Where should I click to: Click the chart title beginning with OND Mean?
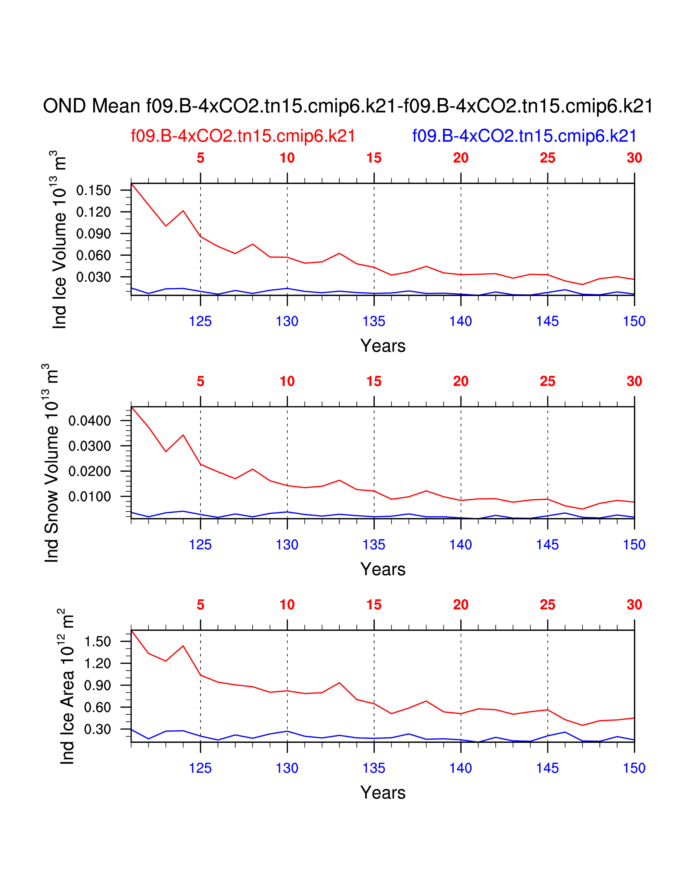pyautogui.click(x=348, y=106)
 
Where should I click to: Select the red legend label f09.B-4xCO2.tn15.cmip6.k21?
pyautogui.click(x=243, y=136)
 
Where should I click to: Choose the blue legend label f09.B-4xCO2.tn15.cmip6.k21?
pyautogui.click(x=524, y=136)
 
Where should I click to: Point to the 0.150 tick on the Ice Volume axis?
pyautogui.click(x=93, y=191)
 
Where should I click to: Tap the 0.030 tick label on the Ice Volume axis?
pyautogui.click(x=93, y=277)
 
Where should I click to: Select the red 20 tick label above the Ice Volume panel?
pyautogui.click(x=461, y=158)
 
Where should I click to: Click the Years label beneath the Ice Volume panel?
pyautogui.click(x=382, y=346)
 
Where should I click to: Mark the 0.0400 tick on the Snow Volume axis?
pyautogui.click(x=89, y=421)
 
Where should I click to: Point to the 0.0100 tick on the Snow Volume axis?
pyautogui.click(x=89, y=497)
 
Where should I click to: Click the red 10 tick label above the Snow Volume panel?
pyautogui.click(x=287, y=382)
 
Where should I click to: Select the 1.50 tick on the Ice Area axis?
pyautogui.click(x=98, y=642)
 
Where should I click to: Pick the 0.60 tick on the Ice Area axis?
pyautogui.click(x=98, y=707)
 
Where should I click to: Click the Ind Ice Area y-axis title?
pyautogui.click(x=67, y=686)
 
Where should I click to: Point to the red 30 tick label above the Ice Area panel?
pyautogui.click(x=634, y=605)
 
